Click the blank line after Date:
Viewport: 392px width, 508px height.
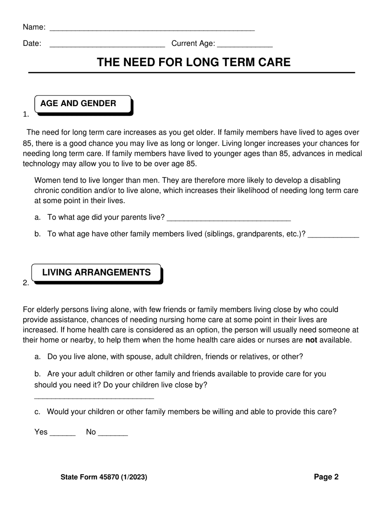107,46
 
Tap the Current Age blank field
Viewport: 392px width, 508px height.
244,46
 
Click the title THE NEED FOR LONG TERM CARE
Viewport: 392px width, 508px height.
194,62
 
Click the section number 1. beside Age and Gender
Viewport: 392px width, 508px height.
26,114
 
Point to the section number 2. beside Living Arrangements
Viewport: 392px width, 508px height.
26,283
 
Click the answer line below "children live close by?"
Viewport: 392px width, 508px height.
94,398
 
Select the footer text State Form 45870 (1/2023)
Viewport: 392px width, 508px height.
104,477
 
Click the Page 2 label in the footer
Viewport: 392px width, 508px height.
326,477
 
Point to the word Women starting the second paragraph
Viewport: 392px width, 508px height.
47,180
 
